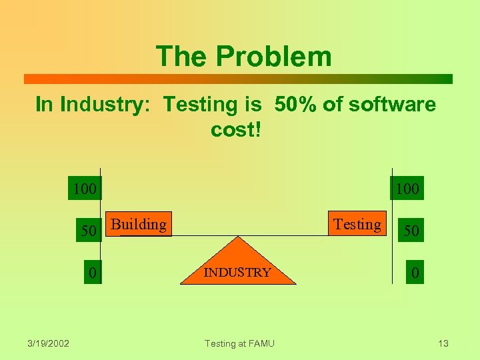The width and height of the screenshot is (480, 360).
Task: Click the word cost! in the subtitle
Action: click(235, 129)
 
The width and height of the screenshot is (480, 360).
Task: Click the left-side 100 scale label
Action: click(85, 189)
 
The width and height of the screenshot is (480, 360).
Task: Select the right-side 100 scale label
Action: click(407, 189)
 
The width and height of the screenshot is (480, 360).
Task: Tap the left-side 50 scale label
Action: click(89, 231)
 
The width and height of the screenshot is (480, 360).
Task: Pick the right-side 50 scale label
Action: click(411, 231)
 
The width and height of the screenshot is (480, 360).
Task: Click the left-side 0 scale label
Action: click(93, 272)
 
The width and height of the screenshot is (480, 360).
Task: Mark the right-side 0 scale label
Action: click(415, 272)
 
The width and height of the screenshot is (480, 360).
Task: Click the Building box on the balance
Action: click(139, 224)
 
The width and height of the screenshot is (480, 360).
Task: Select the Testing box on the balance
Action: click(357, 224)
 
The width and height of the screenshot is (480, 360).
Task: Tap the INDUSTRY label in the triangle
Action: click(237, 272)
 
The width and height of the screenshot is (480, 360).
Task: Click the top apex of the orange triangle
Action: click(238, 237)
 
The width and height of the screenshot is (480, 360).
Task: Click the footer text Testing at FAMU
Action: click(239, 343)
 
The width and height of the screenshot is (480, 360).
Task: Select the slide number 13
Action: click(443, 343)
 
